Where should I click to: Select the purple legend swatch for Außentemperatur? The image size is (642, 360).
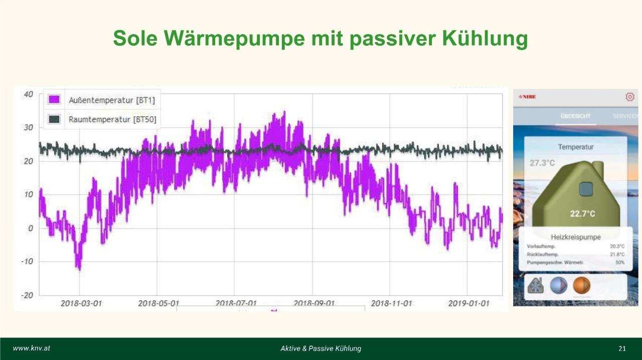pos(54,100)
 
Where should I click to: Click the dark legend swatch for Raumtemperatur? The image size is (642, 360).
pos(54,119)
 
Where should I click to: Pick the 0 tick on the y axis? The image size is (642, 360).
pos(30,228)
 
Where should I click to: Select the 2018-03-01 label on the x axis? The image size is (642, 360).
pos(81,303)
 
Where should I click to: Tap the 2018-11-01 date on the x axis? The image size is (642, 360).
pos(391,303)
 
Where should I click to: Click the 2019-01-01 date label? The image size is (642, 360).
pos(468,303)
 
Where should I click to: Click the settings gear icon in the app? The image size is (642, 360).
pos(630,97)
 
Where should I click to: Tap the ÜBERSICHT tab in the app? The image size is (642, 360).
pos(575,116)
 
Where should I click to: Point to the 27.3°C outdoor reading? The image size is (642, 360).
pos(542,163)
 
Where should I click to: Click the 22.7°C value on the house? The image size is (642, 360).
pos(582,214)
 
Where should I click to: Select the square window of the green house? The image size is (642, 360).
pos(586,189)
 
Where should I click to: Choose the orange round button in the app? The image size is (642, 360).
pos(582,285)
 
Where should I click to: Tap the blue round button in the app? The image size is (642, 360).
pos(558,285)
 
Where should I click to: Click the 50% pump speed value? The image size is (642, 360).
pos(620,263)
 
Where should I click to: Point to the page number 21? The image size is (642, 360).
pos(622,348)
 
